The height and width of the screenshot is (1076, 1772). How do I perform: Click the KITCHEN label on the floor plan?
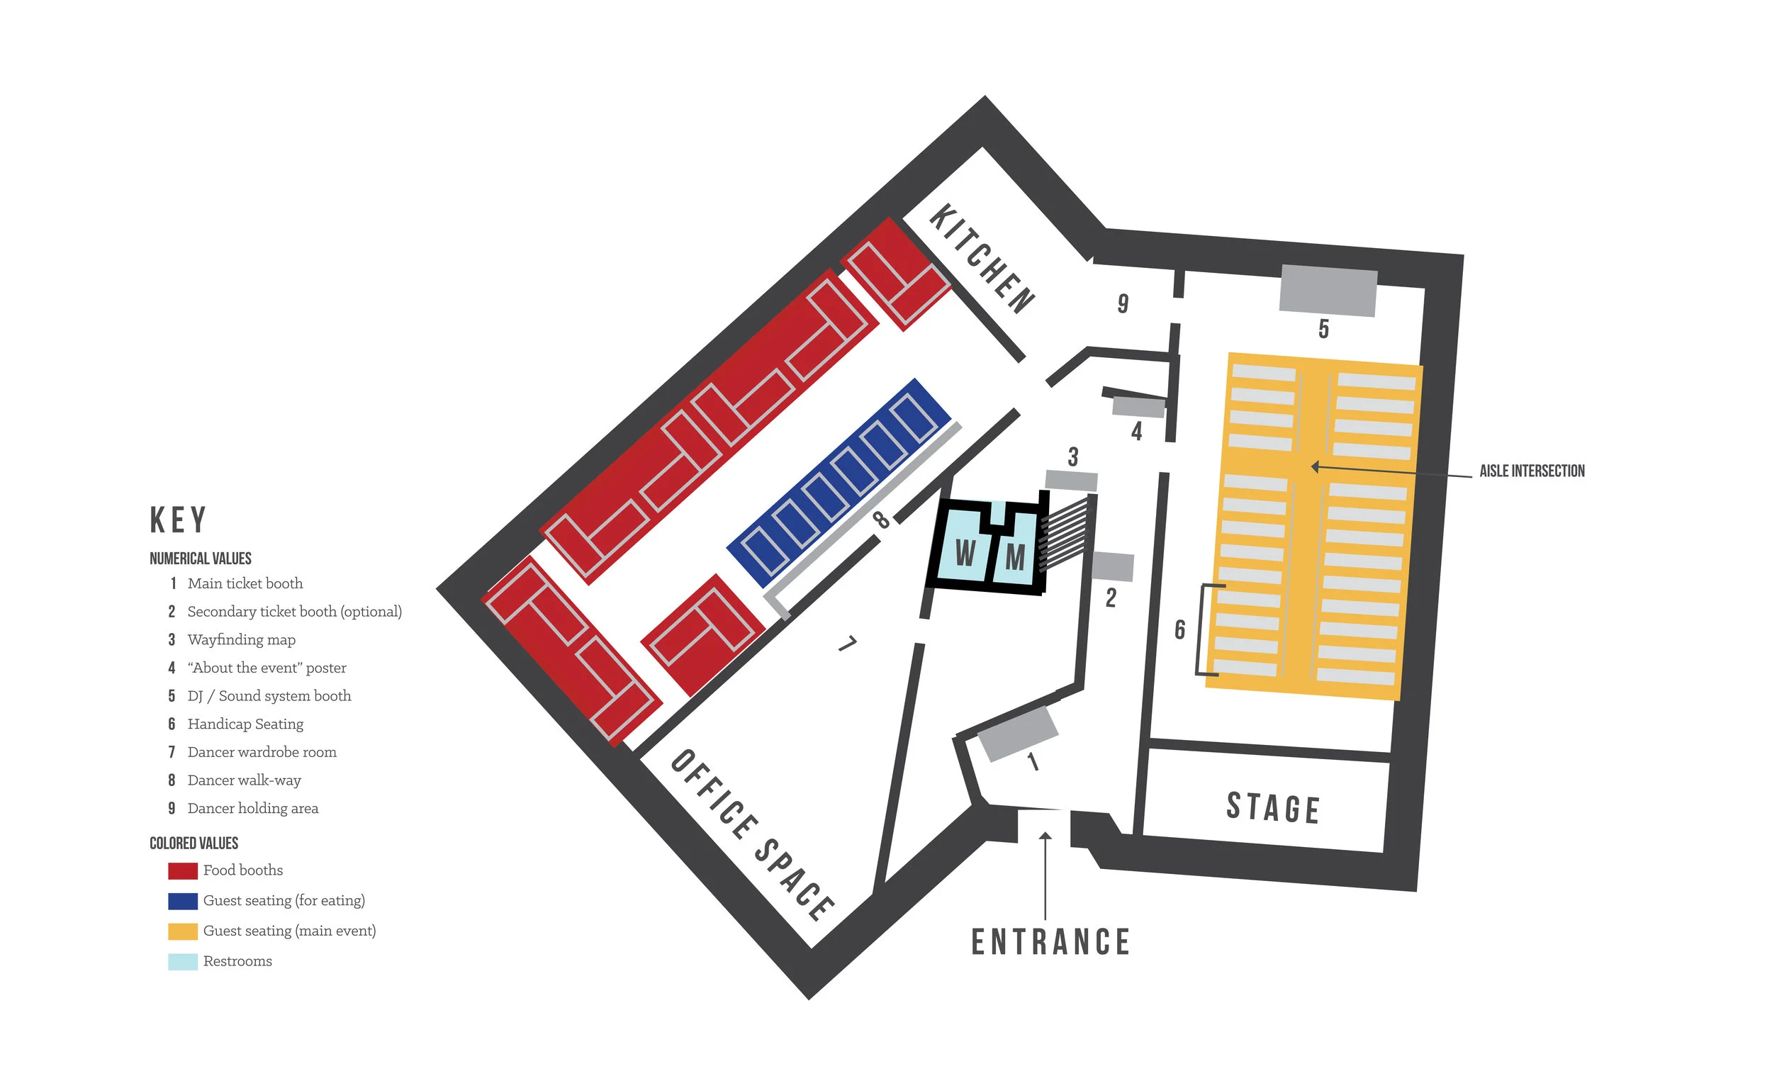point(982,258)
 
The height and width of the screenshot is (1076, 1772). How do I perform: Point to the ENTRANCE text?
point(1050,941)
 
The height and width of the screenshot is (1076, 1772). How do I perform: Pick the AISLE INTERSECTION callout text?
point(1531,471)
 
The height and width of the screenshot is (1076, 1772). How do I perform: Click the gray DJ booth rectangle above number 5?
point(1328,291)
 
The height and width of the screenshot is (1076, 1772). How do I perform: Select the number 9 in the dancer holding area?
point(1123,303)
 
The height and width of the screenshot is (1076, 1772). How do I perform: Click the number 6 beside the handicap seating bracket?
point(1179,629)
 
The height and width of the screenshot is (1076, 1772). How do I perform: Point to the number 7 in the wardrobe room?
point(848,643)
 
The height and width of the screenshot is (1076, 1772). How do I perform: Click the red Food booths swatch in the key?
point(183,870)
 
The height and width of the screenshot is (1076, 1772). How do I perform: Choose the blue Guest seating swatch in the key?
point(183,900)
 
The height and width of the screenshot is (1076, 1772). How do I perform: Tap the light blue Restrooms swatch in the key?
point(183,962)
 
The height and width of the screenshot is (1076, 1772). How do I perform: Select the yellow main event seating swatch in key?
point(183,931)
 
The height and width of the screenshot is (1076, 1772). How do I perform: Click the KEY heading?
point(179,520)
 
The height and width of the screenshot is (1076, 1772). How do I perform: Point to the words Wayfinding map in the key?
point(241,639)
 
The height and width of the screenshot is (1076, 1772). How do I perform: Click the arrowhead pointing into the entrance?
point(1045,836)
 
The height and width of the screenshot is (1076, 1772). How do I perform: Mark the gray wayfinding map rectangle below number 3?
point(1071,481)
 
